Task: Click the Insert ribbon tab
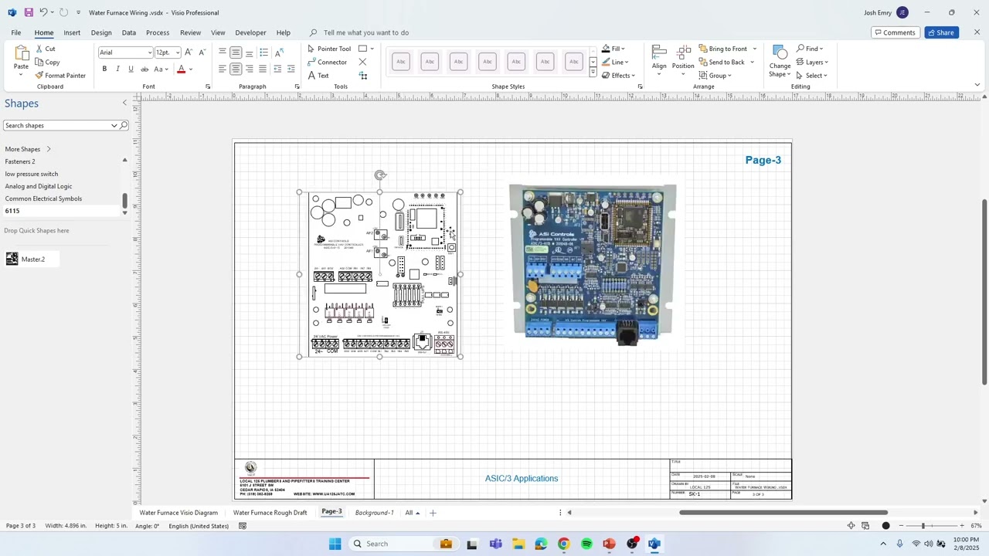72,32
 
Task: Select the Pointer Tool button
329,49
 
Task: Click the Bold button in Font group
104,69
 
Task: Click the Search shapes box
59,125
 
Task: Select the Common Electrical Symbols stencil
43,198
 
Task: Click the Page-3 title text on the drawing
763,160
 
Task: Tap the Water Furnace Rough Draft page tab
270,513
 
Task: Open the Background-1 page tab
374,513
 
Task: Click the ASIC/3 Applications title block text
522,479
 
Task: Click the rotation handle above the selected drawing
379,175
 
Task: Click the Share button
941,32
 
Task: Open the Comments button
894,32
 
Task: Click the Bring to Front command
727,49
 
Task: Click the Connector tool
328,62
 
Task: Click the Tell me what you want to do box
366,32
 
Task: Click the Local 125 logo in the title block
250,468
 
